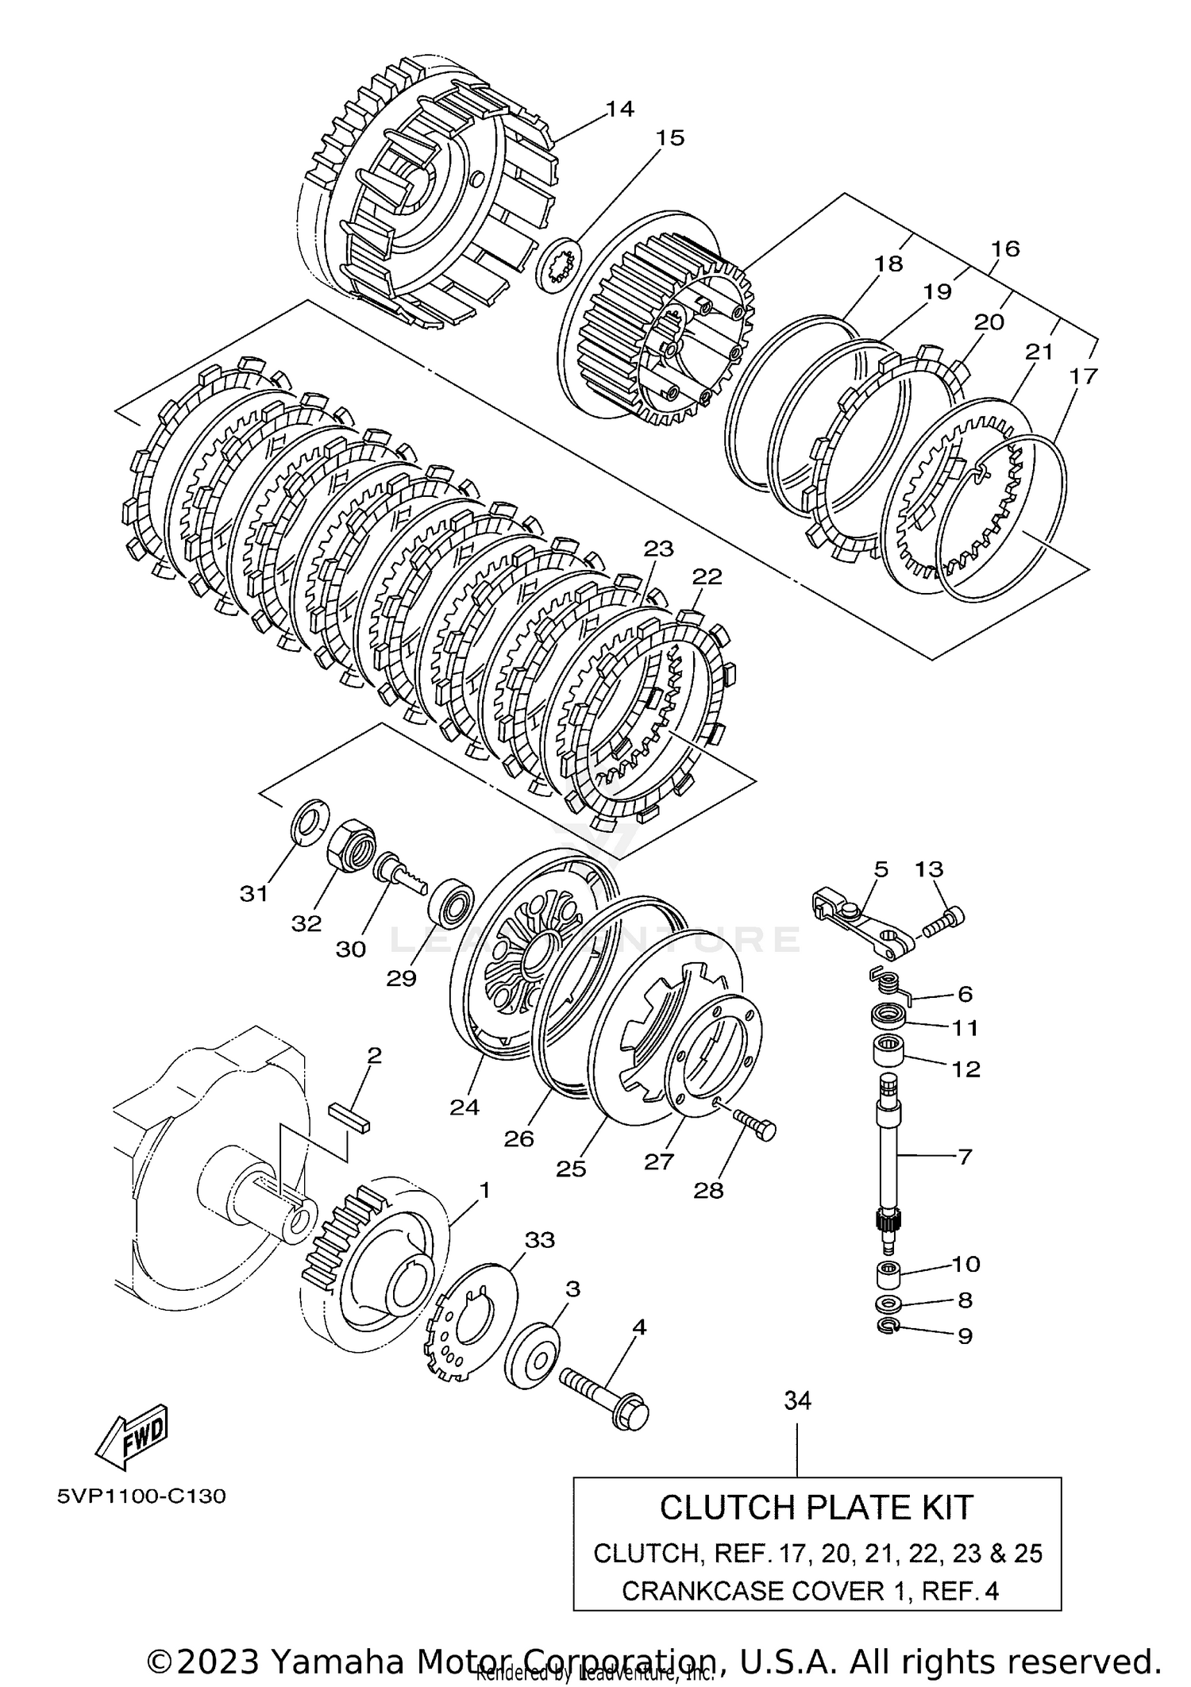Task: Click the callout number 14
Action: (619, 109)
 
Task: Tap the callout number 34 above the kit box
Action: (797, 1401)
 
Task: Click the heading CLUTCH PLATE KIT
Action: (816, 1508)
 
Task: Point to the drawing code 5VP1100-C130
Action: (141, 1496)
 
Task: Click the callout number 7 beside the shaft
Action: (964, 1157)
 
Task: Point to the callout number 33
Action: (540, 1239)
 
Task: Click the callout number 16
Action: (1004, 248)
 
